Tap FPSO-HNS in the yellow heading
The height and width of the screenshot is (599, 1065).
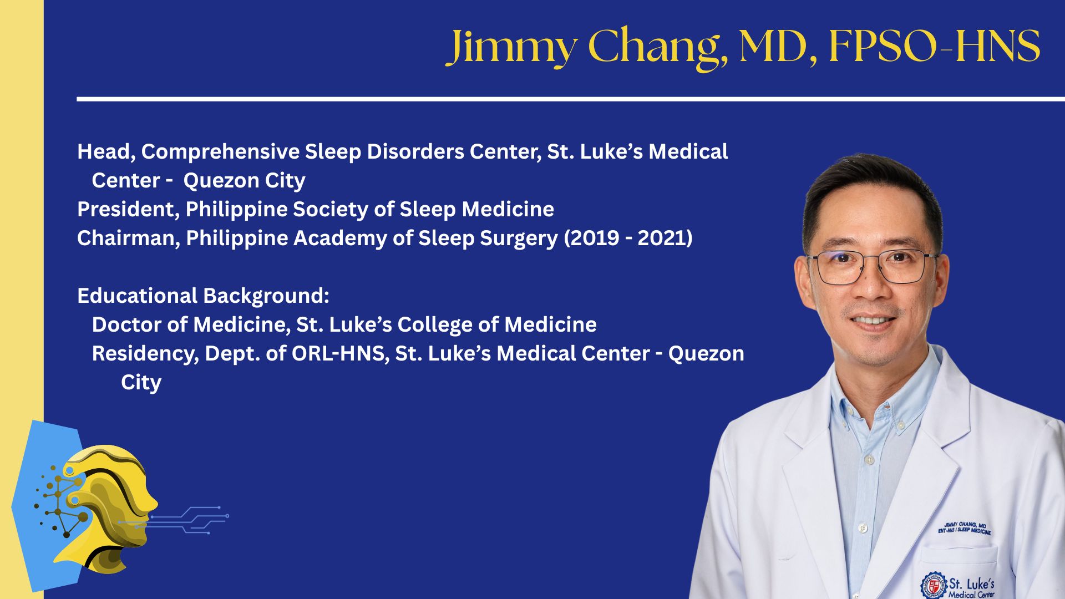click(x=935, y=46)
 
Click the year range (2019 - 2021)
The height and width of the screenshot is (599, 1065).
click(x=628, y=238)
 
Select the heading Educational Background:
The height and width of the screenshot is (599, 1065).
click(x=203, y=296)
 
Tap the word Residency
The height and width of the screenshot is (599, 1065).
click(x=145, y=354)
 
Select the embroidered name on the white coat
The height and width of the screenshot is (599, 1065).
click(x=965, y=528)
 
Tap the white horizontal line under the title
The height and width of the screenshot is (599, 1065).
click(x=571, y=99)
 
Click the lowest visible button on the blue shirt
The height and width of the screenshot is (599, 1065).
click(x=862, y=527)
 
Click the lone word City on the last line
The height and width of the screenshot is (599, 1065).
click(x=141, y=383)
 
